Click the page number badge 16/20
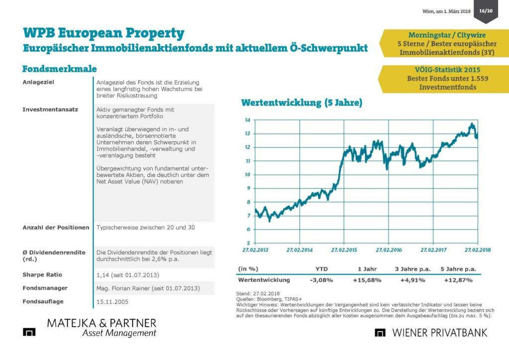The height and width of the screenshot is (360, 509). click(x=485, y=11)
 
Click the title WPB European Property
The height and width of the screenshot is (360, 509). click(x=103, y=33)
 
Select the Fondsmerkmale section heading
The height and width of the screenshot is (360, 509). click(x=59, y=69)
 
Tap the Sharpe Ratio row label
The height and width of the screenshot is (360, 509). click(x=42, y=274)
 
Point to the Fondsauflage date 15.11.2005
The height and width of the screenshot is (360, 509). click(x=111, y=301)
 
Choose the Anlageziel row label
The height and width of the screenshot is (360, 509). click(x=38, y=82)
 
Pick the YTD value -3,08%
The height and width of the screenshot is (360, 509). click(x=321, y=280)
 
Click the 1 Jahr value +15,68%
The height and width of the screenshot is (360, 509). click(x=367, y=280)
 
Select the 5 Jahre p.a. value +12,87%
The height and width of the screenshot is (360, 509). click(x=458, y=280)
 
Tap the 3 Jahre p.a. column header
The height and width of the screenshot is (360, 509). click(x=413, y=269)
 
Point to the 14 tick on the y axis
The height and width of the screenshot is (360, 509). click(x=247, y=120)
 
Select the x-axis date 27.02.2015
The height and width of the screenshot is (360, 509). click(x=344, y=250)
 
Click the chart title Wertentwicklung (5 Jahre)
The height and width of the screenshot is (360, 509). click(x=301, y=103)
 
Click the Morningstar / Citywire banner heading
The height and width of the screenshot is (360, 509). click(x=441, y=35)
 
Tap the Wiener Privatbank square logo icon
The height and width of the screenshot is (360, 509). click(x=381, y=333)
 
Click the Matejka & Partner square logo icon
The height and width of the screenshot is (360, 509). click(x=29, y=332)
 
